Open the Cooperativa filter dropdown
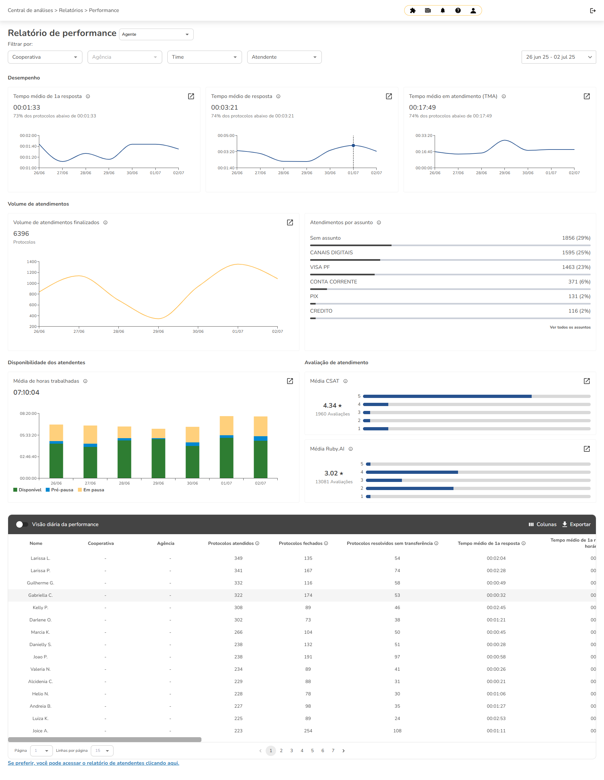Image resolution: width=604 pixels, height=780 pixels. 45,57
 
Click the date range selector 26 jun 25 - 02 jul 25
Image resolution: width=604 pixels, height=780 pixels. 558,57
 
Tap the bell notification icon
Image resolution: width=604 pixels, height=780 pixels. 442,11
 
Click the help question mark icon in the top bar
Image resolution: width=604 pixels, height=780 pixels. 458,11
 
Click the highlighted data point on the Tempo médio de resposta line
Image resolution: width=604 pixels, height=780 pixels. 353,145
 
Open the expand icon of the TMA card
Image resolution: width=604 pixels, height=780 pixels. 586,96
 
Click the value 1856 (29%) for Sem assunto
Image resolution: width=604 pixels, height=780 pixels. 576,238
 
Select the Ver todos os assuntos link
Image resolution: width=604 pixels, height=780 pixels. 570,327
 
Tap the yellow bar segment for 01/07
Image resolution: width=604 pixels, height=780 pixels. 226,426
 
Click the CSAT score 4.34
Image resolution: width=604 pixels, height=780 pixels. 330,405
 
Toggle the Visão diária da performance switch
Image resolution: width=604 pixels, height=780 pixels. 22,524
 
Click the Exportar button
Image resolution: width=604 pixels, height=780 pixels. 576,524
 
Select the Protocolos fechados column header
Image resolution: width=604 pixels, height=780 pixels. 300,543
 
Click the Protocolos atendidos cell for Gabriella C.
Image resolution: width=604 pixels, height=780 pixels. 238,595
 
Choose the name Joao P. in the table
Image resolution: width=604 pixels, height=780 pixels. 40,657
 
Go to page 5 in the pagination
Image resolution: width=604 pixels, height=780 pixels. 312,750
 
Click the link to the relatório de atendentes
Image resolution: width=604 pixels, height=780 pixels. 93,763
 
